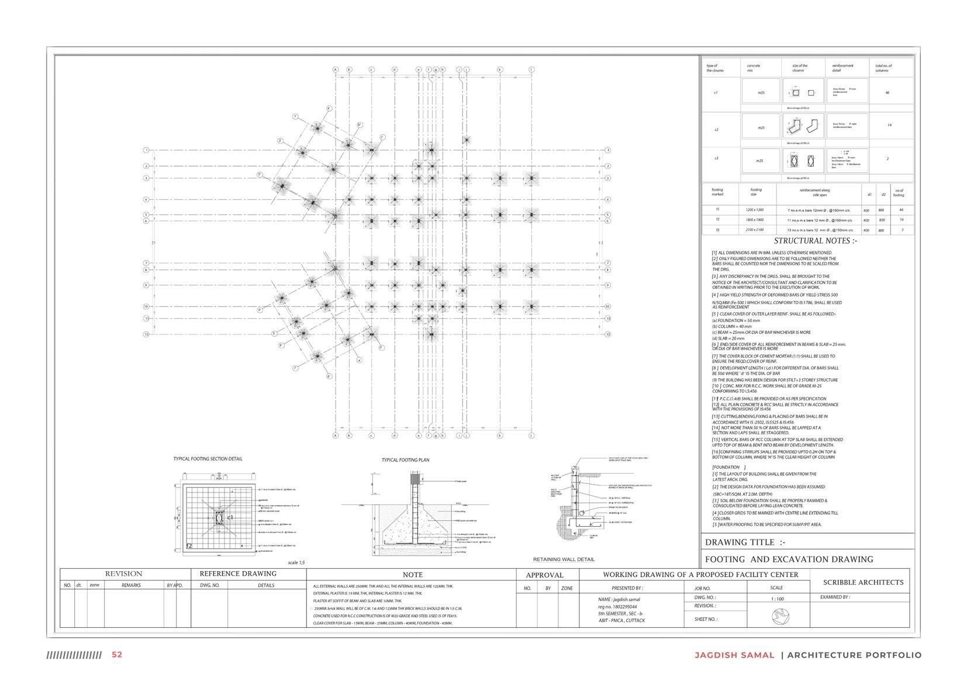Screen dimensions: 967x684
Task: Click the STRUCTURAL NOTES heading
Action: (815, 241)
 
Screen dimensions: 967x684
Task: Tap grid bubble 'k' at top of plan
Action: (500, 70)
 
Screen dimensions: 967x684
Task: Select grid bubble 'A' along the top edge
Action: (336, 70)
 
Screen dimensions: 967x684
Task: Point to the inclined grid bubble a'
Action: (329, 108)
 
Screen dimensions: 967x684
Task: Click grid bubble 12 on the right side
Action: (608, 334)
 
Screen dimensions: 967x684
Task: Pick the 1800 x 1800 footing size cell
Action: (755, 220)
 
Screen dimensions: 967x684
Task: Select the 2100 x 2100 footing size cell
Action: (755, 230)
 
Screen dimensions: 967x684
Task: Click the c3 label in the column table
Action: (716, 158)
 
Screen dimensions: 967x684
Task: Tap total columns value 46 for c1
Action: (887, 92)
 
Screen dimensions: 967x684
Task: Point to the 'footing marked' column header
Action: (717, 192)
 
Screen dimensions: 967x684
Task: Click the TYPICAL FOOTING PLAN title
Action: (405, 460)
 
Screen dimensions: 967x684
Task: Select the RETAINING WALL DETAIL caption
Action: (564, 559)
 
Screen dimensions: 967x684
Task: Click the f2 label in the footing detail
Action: (189, 545)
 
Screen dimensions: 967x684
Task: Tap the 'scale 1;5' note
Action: (296, 562)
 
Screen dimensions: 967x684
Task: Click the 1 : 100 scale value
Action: (776, 599)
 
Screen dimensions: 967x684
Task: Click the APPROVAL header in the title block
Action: (544, 575)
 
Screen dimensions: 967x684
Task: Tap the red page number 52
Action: (117, 655)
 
